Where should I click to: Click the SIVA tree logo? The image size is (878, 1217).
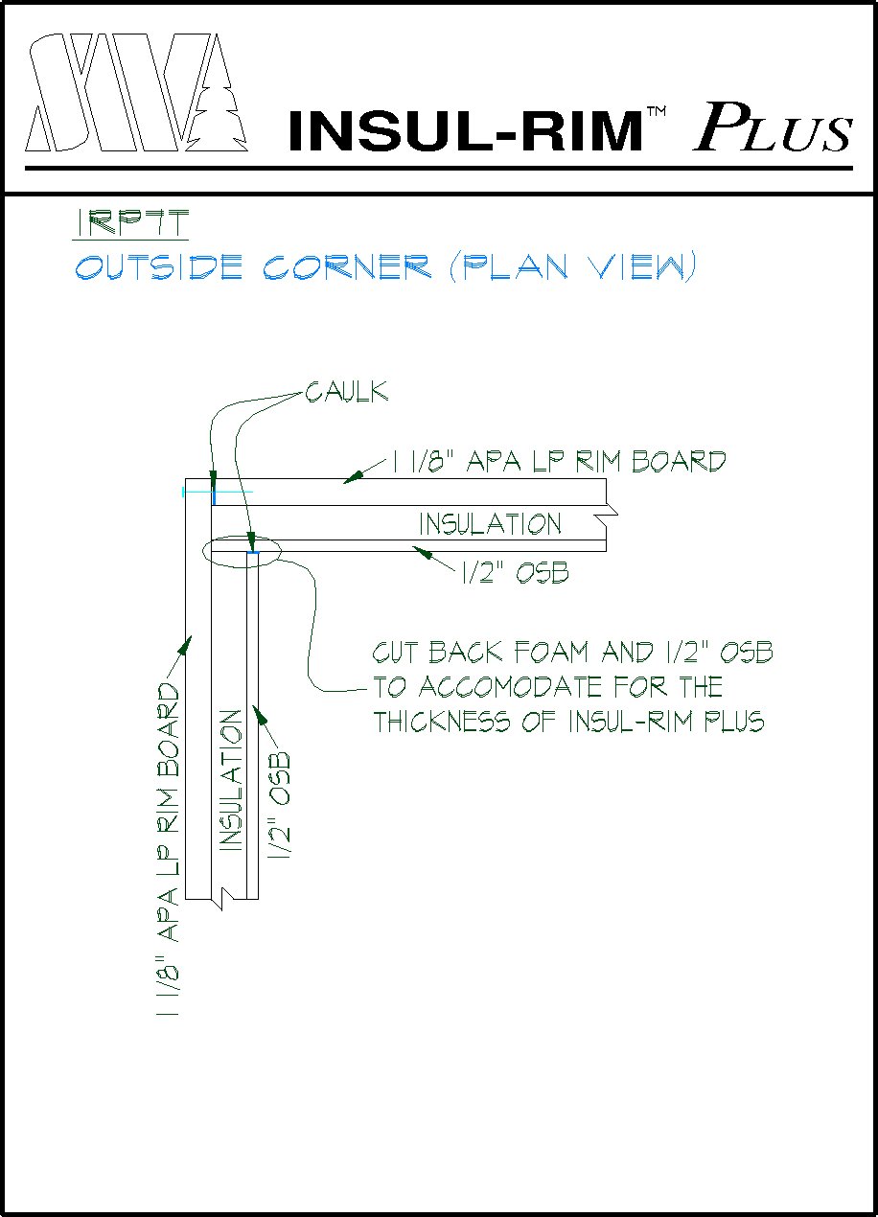(134, 93)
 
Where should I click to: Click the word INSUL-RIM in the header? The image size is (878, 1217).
(464, 131)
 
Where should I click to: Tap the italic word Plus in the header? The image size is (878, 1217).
(772, 126)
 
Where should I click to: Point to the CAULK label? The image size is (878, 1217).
(347, 392)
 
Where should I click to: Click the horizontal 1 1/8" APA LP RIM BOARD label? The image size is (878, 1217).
(559, 462)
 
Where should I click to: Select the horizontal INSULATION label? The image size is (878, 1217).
(490, 524)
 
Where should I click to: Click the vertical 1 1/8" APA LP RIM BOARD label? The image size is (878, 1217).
(169, 849)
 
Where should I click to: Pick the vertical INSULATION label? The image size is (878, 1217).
(230, 780)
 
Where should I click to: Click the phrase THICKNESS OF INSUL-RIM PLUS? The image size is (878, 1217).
(568, 722)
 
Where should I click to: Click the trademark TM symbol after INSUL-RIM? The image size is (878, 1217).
(656, 113)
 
